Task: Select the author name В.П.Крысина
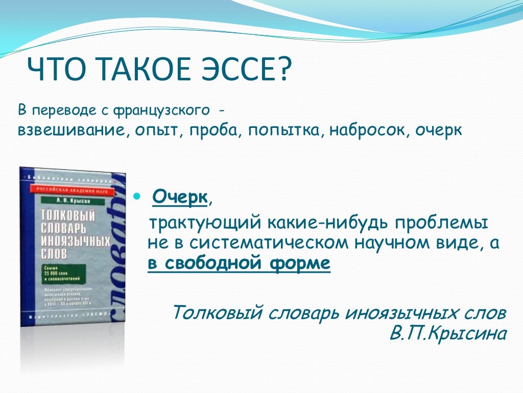[448, 333]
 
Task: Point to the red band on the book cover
[72, 189]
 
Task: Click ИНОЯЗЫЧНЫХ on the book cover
[72, 239]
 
